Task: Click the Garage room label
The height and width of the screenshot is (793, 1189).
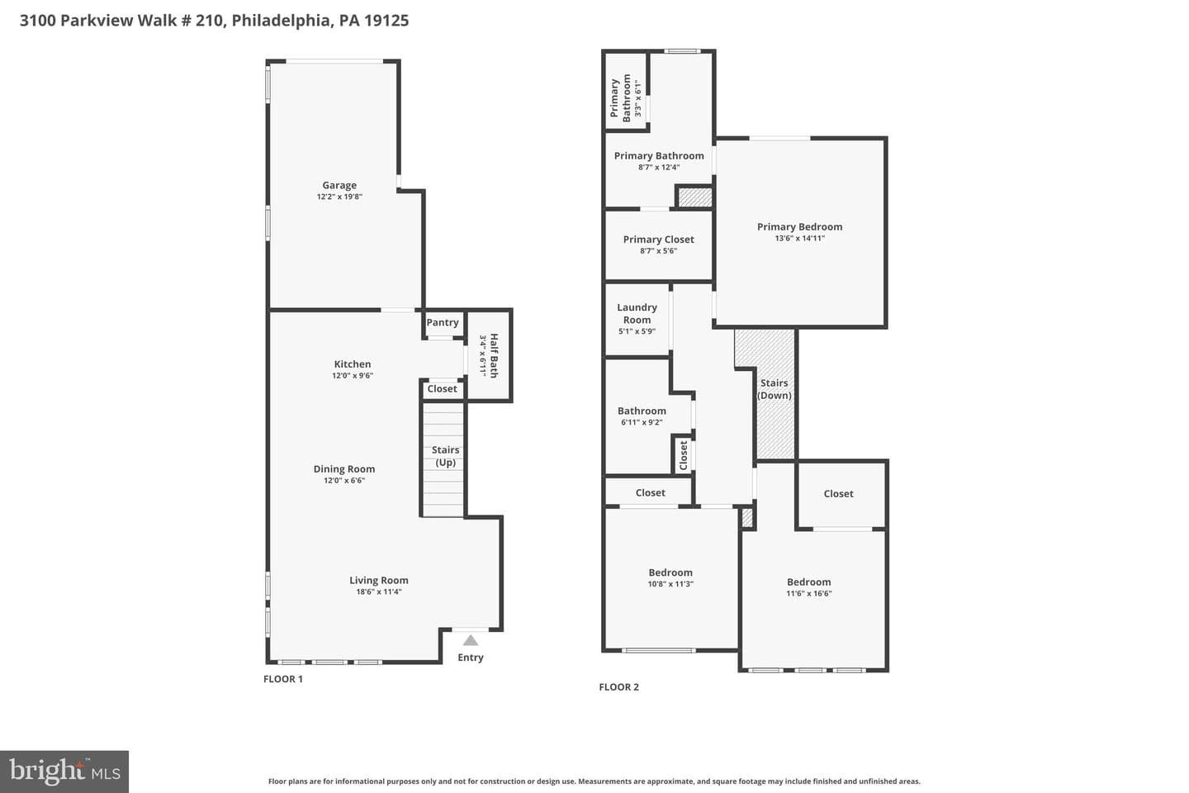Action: (339, 185)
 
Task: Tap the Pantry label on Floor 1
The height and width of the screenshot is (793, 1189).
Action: (443, 322)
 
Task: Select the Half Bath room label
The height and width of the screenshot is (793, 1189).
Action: (494, 355)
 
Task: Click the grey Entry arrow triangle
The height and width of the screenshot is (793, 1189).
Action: (471, 640)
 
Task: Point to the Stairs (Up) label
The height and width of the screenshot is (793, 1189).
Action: (445, 456)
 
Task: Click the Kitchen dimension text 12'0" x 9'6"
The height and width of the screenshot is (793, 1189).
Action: (353, 376)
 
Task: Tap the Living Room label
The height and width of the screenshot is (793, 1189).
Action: (378, 581)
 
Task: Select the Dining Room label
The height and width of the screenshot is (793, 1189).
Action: (344, 469)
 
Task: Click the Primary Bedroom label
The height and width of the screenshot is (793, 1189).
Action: (799, 227)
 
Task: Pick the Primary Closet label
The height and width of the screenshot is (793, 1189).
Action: (658, 240)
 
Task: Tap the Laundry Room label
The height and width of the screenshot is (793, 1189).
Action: (637, 313)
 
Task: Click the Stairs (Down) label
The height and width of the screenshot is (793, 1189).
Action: (774, 389)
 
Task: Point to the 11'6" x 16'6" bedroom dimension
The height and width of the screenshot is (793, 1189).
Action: (809, 593)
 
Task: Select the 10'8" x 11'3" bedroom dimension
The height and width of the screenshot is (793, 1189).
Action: (670, 584)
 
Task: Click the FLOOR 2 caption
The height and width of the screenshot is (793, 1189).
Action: (619, 686)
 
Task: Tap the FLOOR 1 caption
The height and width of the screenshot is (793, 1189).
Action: (283, 679)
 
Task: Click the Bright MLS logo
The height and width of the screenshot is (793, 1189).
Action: (64, 772)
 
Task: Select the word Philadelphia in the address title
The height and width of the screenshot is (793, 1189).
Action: (282, 21)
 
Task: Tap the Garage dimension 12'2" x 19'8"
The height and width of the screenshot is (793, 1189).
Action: (339, 197)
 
